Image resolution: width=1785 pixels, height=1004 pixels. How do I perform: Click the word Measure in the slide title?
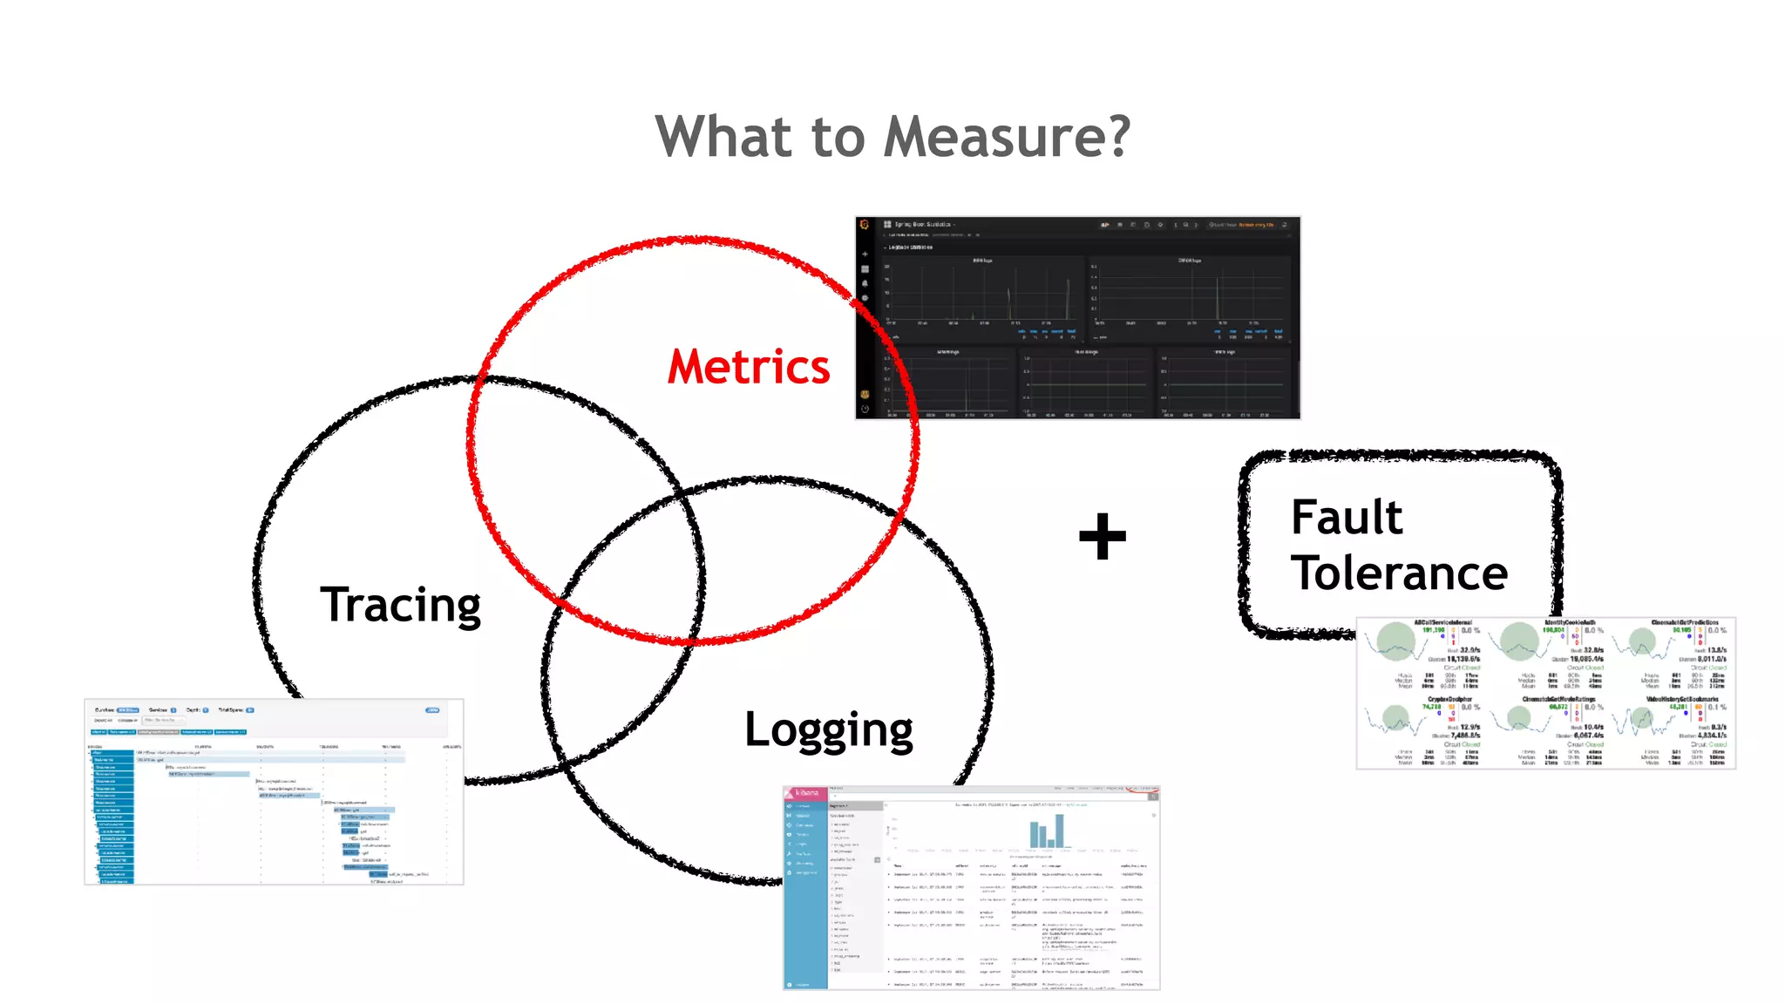click(1007, 137)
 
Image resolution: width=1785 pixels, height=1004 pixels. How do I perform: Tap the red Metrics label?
click(749, 367)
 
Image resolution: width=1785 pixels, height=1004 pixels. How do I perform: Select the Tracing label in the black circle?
click(400, 605)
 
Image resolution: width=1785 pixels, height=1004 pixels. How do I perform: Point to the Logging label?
click(828, 730)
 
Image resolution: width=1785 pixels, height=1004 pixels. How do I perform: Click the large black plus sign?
click(1103, 536)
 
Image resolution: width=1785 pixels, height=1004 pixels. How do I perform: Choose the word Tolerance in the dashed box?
click(1399, 573)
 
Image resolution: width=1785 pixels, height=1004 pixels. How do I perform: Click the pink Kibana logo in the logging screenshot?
click(806, 793)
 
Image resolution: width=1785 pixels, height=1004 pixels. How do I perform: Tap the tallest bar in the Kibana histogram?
click(1060, 831)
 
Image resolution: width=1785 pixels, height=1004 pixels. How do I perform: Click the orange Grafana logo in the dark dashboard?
click(865, 225)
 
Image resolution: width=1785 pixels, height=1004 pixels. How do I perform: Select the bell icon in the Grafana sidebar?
click(865, 283)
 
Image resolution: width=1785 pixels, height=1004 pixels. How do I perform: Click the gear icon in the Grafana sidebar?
click(865, 298)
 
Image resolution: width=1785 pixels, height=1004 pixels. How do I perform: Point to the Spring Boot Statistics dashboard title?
click(923, 225)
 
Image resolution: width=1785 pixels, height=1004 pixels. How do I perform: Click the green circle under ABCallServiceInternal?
click(1396, 641)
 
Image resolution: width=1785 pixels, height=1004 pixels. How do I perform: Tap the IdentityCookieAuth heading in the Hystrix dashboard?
click(1570, 622)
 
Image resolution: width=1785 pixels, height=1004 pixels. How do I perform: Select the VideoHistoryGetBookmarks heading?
click(1682, 699)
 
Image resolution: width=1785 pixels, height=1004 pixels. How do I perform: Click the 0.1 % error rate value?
click(1718, 707)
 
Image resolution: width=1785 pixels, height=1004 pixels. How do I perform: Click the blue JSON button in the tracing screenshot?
click(432, 710)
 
